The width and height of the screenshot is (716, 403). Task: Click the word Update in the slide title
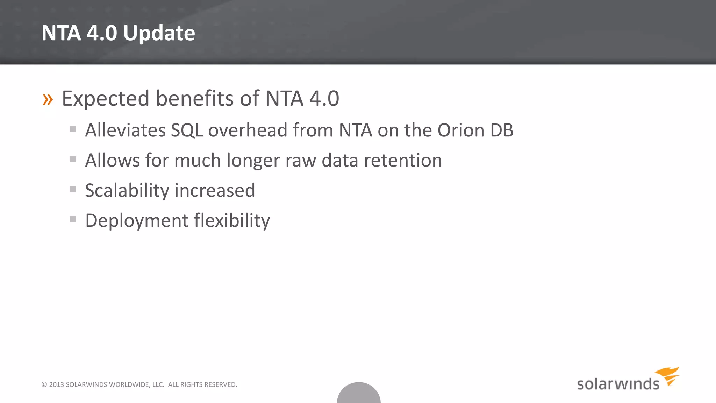coord(159,33)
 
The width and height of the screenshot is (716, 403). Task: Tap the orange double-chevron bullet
coord(48,99)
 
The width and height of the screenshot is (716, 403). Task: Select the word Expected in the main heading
coord(106,99)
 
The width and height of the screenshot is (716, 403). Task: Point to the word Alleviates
coord(125,130)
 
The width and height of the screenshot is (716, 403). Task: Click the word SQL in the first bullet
coord(187,131)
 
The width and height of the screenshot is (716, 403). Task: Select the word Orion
coord(460,130)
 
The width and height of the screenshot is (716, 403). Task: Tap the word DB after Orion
coord(502,130)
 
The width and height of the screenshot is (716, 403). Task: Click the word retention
coord(403,160)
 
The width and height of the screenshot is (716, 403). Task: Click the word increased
coord(215,190)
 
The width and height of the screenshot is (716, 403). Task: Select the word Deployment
coord(137,221)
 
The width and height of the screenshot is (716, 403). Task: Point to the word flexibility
coord(232,220)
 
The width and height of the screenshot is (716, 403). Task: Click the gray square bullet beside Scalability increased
coord(73,189)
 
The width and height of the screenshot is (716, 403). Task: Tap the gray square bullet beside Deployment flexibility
coord(73,219)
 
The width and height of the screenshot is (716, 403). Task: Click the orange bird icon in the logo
coord(668,375)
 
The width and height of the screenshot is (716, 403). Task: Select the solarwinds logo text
coord(618,384)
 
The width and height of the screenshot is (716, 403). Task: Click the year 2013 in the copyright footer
coord(56,384)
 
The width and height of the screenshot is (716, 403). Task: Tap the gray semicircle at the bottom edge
coord(359,394)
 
